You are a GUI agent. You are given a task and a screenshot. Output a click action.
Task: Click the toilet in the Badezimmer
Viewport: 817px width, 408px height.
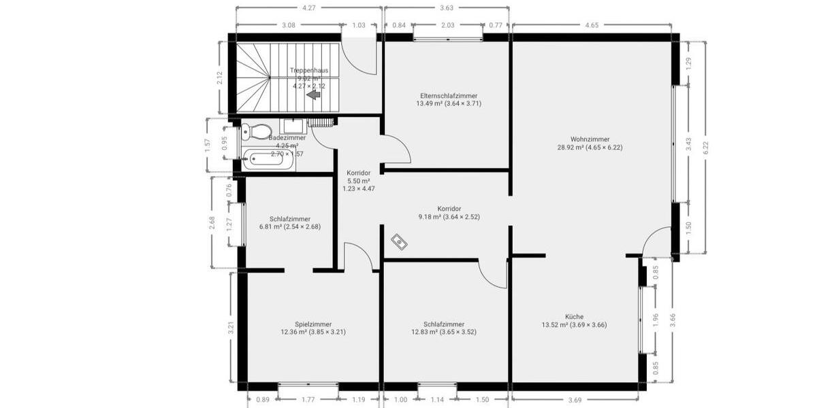tap(258, 131)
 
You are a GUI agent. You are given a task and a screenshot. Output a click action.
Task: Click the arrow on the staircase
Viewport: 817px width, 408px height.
tap(314, 95)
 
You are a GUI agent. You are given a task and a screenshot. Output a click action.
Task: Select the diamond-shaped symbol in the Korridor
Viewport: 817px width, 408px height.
tap(399, 241)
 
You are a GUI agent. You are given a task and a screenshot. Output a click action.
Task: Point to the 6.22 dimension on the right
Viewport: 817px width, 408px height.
tap(706, 147)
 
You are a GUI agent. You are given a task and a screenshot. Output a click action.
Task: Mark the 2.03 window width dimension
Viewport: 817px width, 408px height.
tap(447, 26)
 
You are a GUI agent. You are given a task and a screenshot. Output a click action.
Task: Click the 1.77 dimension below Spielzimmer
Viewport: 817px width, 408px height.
tap(308, 401)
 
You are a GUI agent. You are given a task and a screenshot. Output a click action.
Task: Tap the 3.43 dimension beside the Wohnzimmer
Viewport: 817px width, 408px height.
tap(688, 143)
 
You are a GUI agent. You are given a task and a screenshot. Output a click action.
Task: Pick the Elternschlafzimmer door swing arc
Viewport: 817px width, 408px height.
tap(398, 148)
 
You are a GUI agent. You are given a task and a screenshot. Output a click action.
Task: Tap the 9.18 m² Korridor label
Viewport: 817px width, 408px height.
tap(449, 213)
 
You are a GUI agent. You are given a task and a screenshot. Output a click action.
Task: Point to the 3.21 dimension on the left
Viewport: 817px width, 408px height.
tap(231, 327)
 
